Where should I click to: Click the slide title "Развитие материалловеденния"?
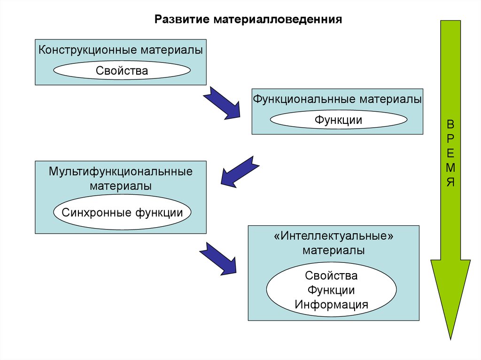pyautogui.click(x=248, y=20)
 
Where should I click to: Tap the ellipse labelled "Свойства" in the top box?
pyautogui.click(x=122, y=71)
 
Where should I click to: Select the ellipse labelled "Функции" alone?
pyautogui.click(x=338, y=120)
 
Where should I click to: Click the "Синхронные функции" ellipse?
pyautogui.click(x=122, y=213)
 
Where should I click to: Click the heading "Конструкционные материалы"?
pyautogui.click(x=121, y=50)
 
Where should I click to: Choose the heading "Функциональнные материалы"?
pyautogui.click(x=337, y=100)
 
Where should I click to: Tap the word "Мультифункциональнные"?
pyautogui.click(x=121, y=171)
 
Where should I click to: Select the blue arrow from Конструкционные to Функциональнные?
pyautogui.click(x=221, y=102)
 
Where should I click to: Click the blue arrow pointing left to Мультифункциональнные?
pyautogui.click(x=240, y=171)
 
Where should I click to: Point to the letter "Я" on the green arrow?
pyautogui.click(x=450, y=182)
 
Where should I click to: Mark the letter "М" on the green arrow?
pyautogui.click(x=450, y=168)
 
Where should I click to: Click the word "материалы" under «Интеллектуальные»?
pyautogui.click(x=333, y=250)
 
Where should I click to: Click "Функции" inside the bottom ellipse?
pyautogui.click(x=331, y=290)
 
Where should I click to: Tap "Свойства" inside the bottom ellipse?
pyautogui.click(x=331, y=275)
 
